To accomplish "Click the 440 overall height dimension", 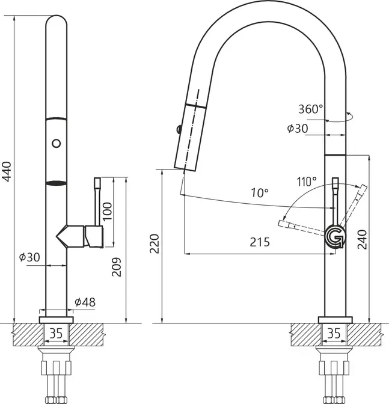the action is click(x=7, y=171).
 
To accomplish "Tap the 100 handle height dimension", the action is click(x=108, y=211).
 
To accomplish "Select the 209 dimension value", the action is click(x=116, y=267).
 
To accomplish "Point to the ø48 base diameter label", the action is click(x=85, y=302).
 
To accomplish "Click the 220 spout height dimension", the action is click(x=155, y=243).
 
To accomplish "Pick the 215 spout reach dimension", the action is click(x=260, y=242).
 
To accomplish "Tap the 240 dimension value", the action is click(x=362, y=239).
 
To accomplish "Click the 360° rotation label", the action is click(x=310, y=109).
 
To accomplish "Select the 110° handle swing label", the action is click(x=307, y=182).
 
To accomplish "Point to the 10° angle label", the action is click(x=260, y=193).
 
